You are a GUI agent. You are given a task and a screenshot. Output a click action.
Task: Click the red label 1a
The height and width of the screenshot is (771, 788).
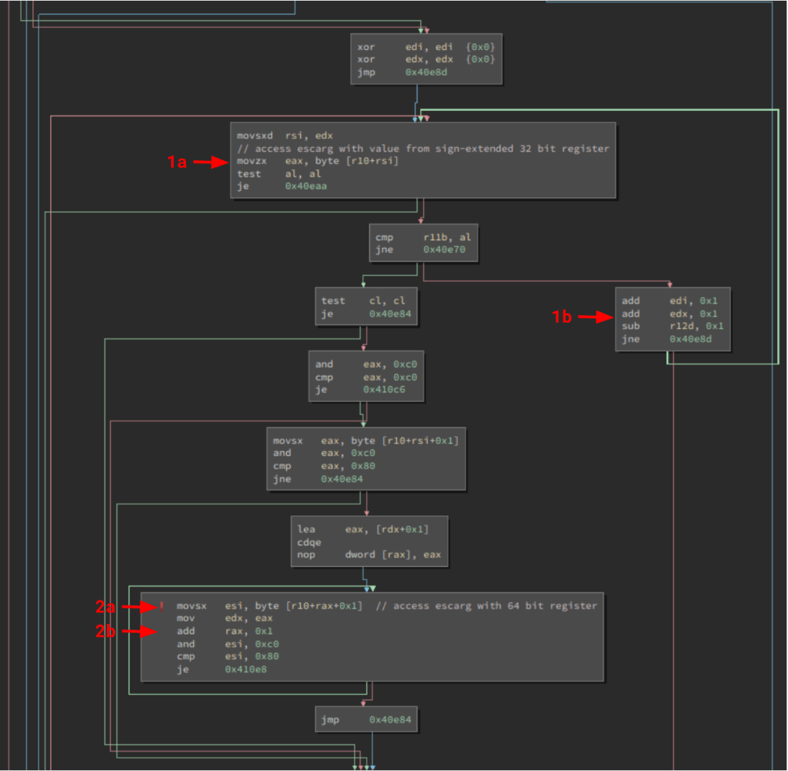point(177,162)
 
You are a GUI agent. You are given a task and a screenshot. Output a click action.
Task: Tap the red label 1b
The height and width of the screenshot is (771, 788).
point(563,316)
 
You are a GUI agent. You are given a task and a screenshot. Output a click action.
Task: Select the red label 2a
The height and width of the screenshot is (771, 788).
point(106,607)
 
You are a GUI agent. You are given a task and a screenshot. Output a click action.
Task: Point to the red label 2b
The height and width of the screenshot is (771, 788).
point(106,632)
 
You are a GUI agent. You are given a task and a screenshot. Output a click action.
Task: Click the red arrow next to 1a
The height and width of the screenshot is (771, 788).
point(210,162)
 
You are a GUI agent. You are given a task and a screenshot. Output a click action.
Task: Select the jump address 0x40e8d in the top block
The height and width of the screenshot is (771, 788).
point(426,72)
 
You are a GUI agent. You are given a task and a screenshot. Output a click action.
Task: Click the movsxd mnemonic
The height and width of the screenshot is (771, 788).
point(255,136)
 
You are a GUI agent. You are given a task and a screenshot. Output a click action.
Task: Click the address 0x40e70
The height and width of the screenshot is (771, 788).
point(444,250)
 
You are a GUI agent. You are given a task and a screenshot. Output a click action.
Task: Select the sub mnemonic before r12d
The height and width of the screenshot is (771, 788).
point(631,326)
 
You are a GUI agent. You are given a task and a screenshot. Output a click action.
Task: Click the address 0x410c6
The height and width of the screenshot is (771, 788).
point(384,391)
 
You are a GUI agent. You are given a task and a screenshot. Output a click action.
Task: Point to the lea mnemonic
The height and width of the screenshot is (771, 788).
point(306,529)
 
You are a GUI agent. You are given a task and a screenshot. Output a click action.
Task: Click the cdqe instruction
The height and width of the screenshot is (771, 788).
point(309,541)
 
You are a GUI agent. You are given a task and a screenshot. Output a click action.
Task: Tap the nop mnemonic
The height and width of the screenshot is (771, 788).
point(306,555)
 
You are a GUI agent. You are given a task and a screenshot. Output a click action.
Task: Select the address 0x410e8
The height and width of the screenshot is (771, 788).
point(245,669)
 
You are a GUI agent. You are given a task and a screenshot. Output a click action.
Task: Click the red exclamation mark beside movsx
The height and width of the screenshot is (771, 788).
point(162,606)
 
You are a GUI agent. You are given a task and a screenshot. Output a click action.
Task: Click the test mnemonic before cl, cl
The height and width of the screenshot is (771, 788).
point(333,300)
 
